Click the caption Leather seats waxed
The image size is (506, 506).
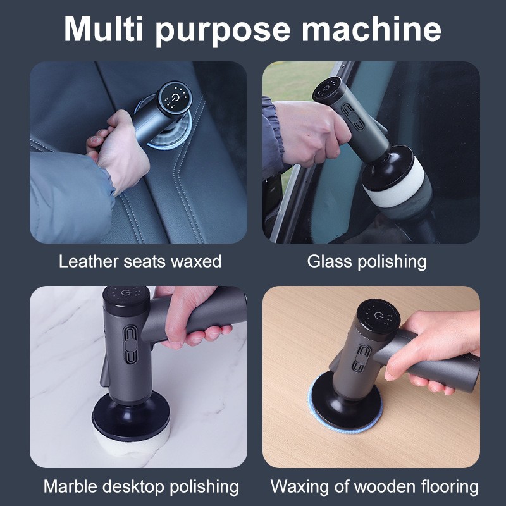coord(140,261)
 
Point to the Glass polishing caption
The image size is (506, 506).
coord(367,261)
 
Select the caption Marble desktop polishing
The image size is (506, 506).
coord(141,486)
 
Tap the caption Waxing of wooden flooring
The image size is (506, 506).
coord(374,486)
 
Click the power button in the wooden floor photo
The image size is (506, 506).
coord(378,316)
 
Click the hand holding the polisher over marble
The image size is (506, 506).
coord(190,316)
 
